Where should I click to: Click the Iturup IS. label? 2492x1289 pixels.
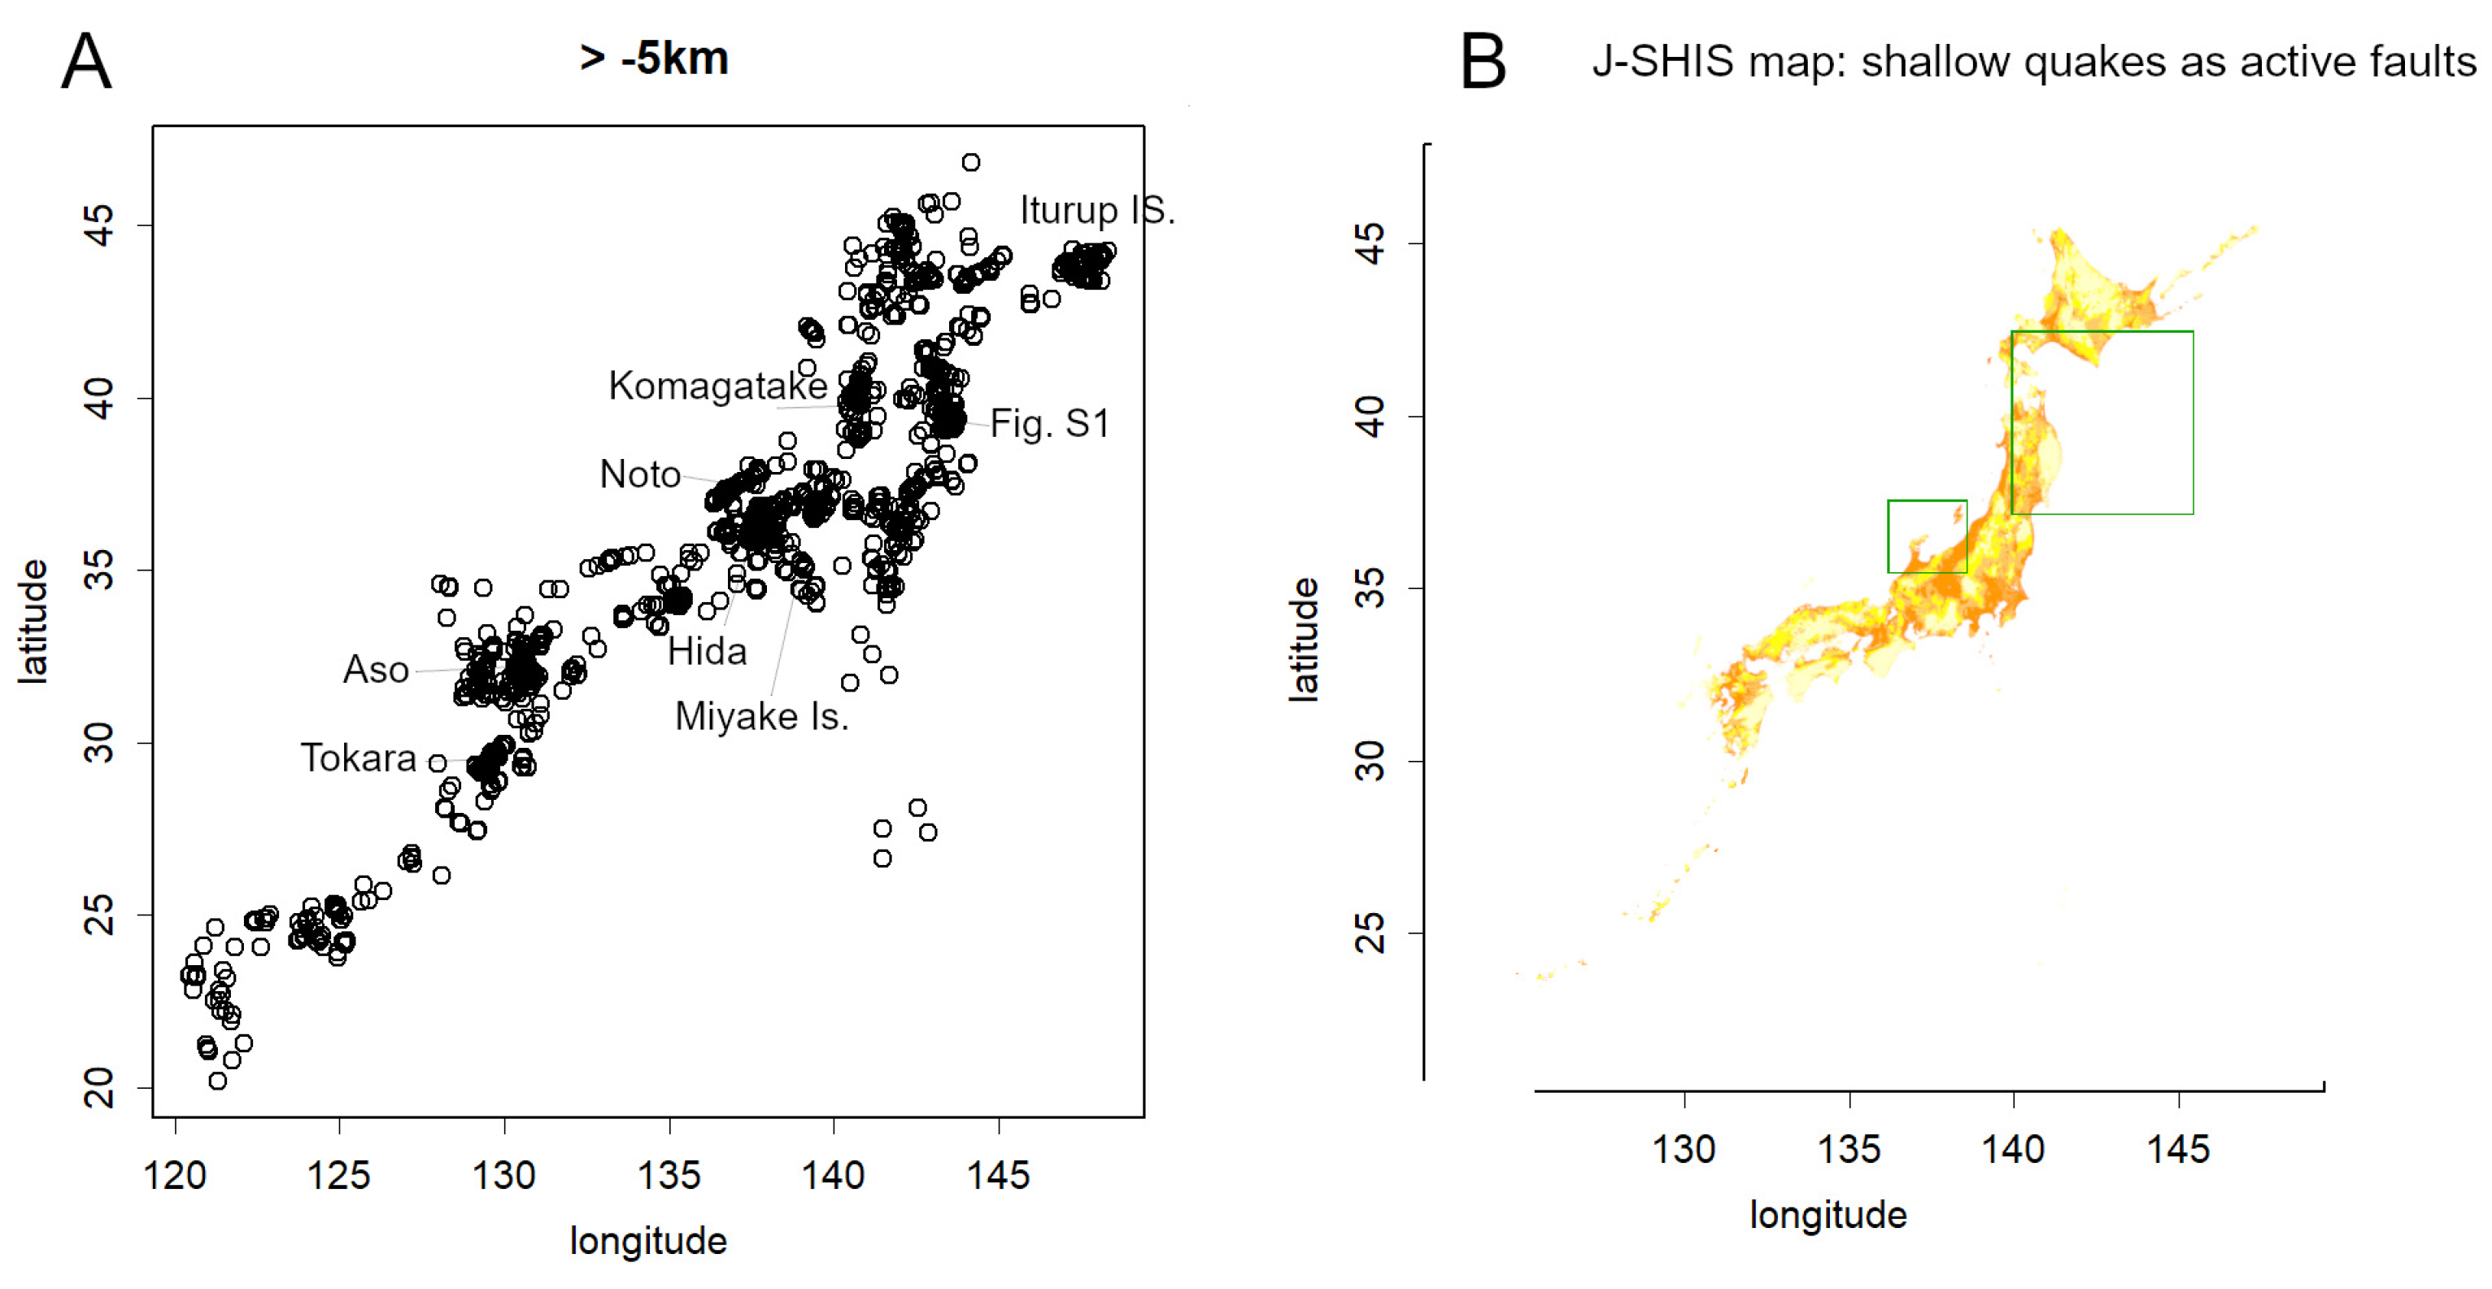pos(1097,210)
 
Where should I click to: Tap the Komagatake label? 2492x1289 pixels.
pos(717,385)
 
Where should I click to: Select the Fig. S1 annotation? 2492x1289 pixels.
pos(1050,423)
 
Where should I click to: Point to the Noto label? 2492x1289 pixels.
pos(639,474)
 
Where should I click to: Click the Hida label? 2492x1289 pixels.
pos(707,651)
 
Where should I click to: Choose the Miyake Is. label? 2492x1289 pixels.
pos(761,716)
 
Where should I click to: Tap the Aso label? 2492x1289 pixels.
pos(376,670)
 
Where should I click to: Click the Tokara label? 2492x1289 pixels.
pos(358,758)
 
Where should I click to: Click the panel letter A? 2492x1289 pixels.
pos(86,62)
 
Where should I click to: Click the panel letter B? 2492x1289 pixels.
pos(1482,62)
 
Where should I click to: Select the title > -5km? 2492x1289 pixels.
pos(654,58)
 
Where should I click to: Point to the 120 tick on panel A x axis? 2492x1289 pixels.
pos(175,1175)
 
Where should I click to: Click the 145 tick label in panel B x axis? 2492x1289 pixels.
pos(2177,1149)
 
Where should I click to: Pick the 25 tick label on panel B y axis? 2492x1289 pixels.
pos(1370,933)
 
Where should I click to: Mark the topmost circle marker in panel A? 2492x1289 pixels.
pos(970,163)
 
